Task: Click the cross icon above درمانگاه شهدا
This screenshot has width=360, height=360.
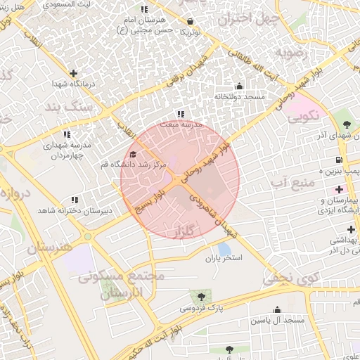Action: click(x=73, y=73)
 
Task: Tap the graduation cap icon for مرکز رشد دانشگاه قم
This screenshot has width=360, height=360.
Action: click(x=134, y=155)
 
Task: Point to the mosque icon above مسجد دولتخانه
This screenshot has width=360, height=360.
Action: click(x=239, y=86)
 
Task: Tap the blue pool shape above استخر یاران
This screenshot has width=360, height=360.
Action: click(x=224, y=249)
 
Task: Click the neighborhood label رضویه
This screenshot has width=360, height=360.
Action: click(x=291, y=52)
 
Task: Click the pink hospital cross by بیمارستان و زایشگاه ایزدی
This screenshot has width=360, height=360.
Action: click(x=340, y=189)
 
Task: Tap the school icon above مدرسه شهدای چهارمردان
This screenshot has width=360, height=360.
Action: click(x=67, y=134)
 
